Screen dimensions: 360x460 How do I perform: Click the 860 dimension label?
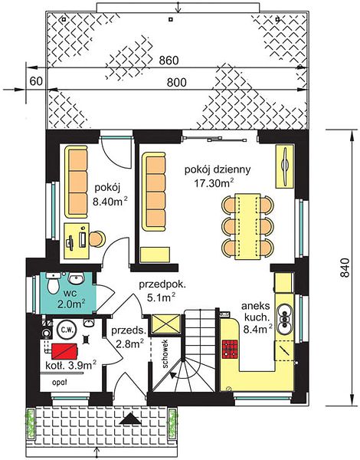tap(169, 61)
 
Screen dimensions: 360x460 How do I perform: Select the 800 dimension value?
tap(176, 83)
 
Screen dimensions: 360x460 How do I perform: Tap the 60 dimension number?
tap(36, 81)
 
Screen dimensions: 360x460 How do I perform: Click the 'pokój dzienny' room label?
tap(218, 169)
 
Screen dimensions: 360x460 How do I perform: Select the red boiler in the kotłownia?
tap(65, 351)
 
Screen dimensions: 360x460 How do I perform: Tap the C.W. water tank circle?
tap(67, 330)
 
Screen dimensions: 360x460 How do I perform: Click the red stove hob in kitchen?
tap(229, 349)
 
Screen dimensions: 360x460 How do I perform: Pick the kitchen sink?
tap(284, 319)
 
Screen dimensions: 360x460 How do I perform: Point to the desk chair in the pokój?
tap(97, 238)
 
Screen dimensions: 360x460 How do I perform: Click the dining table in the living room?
tap(247, 226)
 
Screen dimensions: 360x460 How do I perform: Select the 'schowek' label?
tap(165, 353)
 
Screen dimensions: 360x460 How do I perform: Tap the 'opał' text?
tap(60, 383)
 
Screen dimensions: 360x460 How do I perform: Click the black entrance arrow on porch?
tap(130, 419)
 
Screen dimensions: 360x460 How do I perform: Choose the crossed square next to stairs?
tap(165, 324)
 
